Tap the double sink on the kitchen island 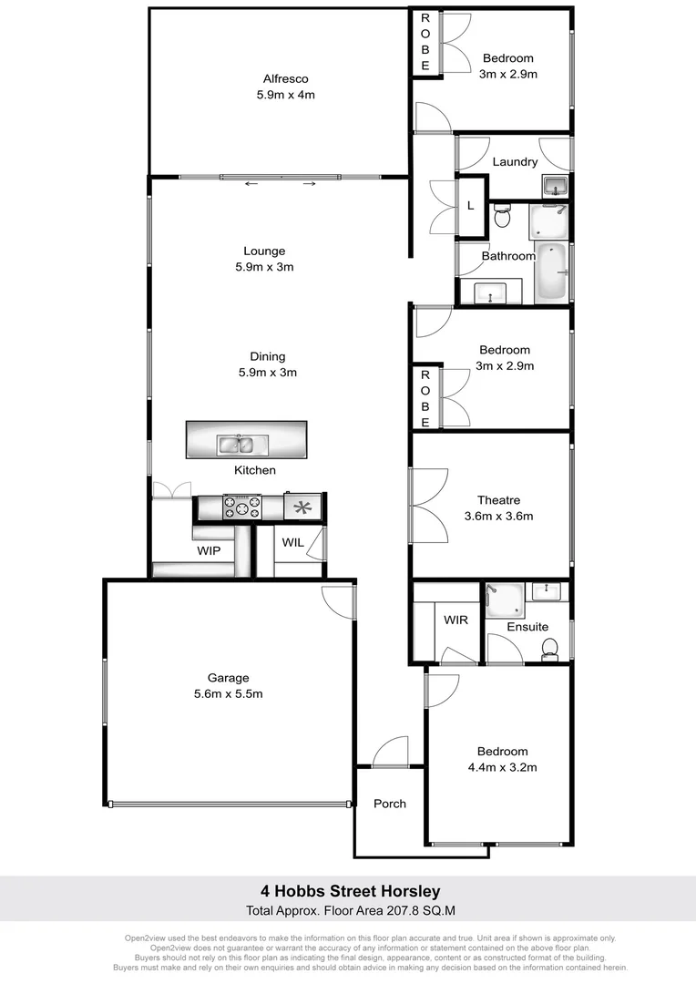click(x=241, y=445)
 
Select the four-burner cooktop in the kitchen click(x=242, y=507)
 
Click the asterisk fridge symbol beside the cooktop click(x=301, y=507)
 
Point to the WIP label click(x=210, y=550)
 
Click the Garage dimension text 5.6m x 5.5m click(x=228, y=693)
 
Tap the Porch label click(x=389, y=803)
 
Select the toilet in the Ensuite click(x=549, y=648)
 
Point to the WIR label click(x=455, y=620)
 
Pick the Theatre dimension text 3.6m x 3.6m click(x=498, y=516)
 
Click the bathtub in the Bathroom click(x=552, y=273)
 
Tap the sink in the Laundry click(x=555, y=187)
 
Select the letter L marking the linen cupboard click(x=470, y=206)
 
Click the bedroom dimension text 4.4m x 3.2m click(x=502, y=767)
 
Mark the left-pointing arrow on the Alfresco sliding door click(x=251, y=185)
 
